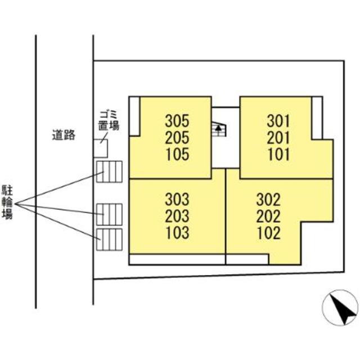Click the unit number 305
point(177,120)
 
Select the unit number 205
point(177,137)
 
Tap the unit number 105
point(177,154)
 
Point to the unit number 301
point(278,120)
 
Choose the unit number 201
point(278,137)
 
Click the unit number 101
point(278,154)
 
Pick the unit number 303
point(177,199)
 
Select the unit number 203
point(177,215)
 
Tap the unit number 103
point(177,232)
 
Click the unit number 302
point(268,199)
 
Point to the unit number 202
point(268,215)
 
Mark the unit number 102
point(268,232)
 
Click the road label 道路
point(64,135)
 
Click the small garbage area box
point(101,147)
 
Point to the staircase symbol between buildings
point(218,130)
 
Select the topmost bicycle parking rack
point(109,172)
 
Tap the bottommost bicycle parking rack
point(109,240)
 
